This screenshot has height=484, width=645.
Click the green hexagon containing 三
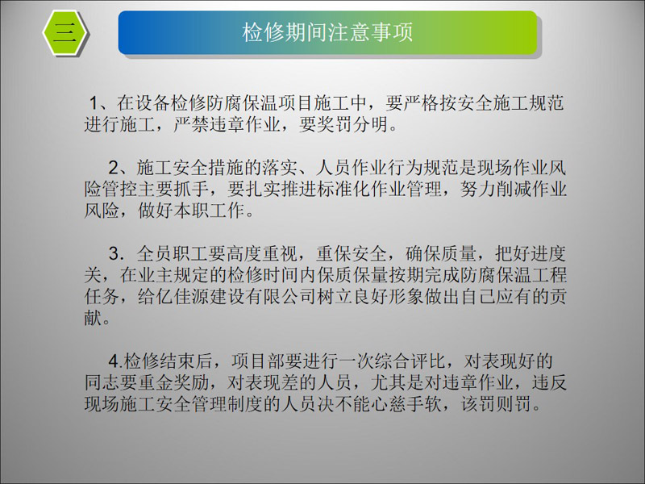(x=65, y=32)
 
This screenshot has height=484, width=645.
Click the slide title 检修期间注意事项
(x=327, y=32)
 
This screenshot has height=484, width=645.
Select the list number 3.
(x=116, y=254)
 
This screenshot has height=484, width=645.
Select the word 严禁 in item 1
(x=191, y=125)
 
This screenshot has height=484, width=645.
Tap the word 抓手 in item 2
(x=192, y=190)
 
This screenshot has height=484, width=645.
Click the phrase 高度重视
(x=262, y=254)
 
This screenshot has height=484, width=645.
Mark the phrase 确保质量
(x=441, y=254)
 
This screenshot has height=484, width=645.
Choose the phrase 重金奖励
(x=173, y=383)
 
